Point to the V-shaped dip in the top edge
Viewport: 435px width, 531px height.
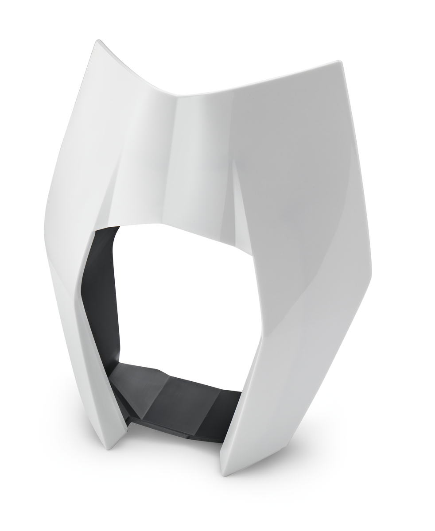click(x=177, y=94)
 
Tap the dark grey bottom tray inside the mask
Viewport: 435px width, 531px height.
click(x=177, y=399)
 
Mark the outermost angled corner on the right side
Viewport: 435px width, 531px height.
click(x=371, y=275)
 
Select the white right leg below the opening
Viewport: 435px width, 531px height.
click(x=252, y=399)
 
